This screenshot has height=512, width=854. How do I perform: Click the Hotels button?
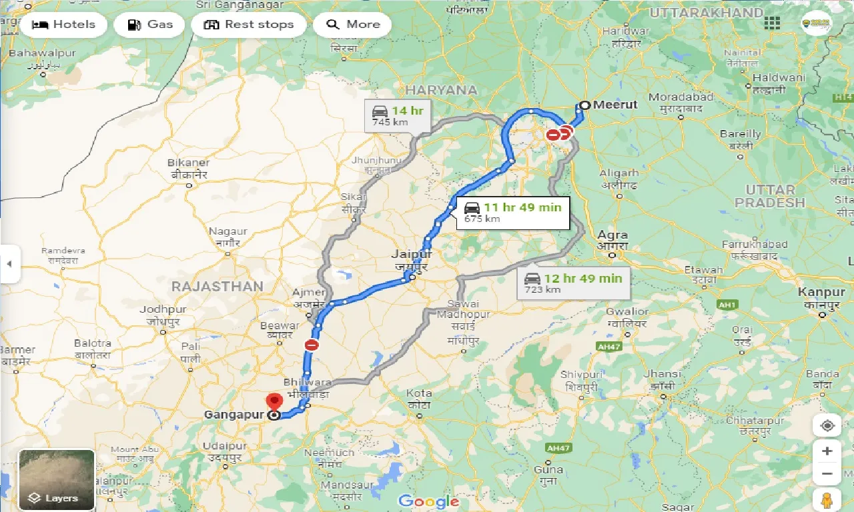63,25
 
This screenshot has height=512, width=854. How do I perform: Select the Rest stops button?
249,25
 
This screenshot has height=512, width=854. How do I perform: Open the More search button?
352,25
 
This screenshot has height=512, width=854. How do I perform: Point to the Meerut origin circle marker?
584,105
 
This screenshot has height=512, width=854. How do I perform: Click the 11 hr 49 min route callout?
513,212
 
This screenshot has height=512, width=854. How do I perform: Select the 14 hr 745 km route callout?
399,115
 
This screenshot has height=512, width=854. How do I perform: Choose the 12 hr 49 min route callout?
574,283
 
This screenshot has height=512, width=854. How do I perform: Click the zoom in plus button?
827,451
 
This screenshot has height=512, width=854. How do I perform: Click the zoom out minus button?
827,474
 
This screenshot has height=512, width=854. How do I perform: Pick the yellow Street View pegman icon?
827,500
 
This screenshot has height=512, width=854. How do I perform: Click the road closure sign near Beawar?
312,345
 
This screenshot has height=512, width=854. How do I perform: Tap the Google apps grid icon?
772,23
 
